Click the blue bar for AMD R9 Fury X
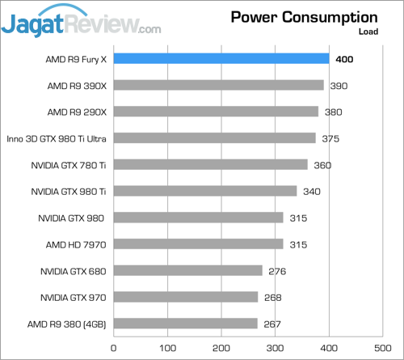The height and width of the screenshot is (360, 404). point(221,58)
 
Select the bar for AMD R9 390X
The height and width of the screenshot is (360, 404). point(218,85)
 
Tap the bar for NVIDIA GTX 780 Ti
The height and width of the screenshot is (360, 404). point(210,164)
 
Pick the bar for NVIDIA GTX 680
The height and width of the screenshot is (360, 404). point(187,270)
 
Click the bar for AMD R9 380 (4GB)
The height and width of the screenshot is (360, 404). point(185,324)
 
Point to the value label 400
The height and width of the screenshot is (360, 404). point(345,59)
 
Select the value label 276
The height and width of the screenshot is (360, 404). point(277,271)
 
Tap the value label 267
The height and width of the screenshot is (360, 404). point(272,324)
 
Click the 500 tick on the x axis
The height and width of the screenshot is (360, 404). point(383,347)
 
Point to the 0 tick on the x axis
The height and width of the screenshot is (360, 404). point(113,347)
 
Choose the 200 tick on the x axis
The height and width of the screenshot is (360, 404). point(221,347)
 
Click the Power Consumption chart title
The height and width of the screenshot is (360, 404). point(304,17)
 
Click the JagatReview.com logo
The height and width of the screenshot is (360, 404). point(81,22)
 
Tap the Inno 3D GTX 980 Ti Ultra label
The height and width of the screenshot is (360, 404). point(57,138)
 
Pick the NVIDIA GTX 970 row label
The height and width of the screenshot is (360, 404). point(73,297)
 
